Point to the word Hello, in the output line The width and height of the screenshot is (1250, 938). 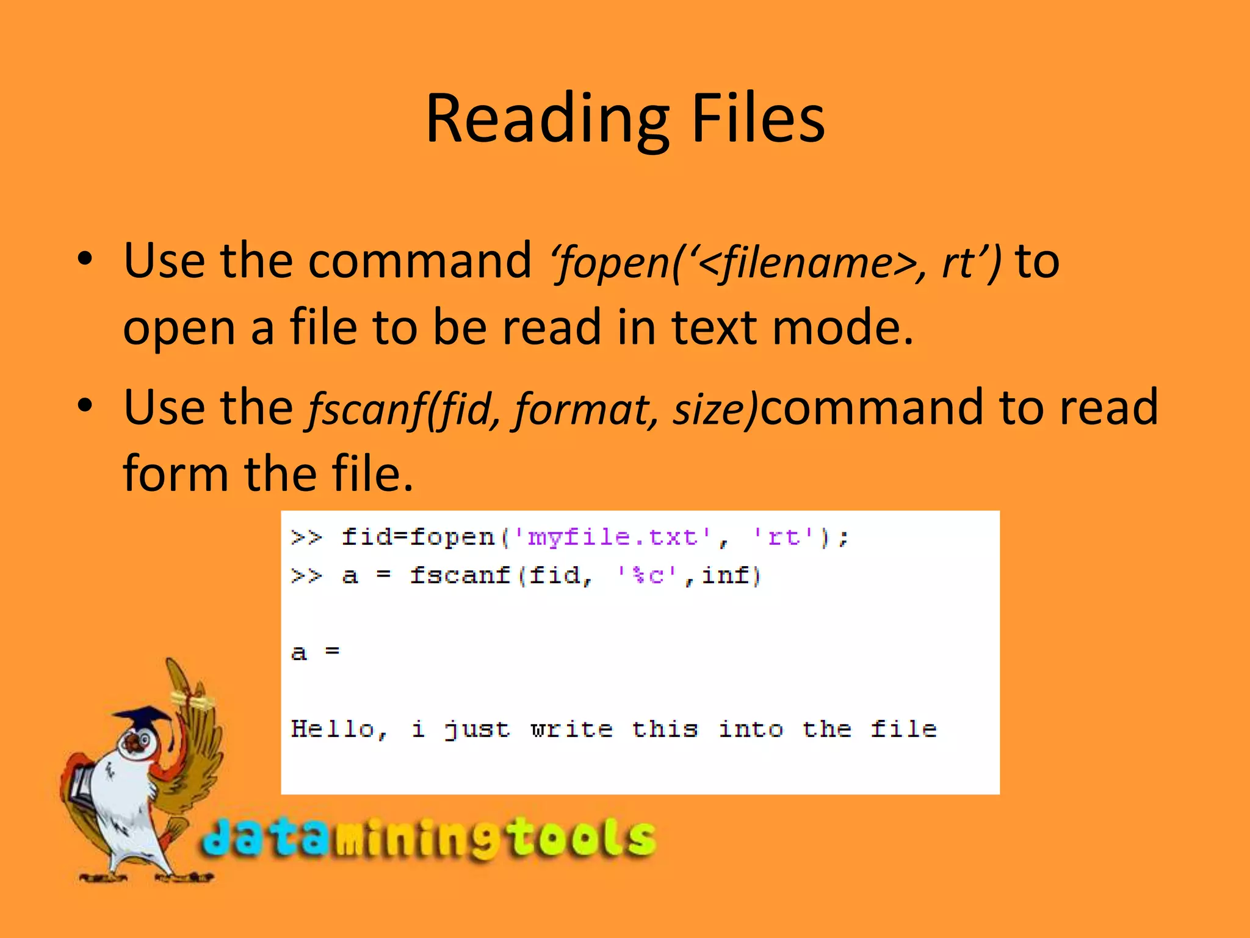[x=339, y=729]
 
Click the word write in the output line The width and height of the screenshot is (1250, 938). [x=572, y=729]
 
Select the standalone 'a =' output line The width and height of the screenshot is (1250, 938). [x=315, y=652]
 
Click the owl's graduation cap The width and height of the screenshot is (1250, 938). [x=143, y=718]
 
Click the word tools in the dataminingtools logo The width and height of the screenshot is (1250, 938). [x=583, y=838]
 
